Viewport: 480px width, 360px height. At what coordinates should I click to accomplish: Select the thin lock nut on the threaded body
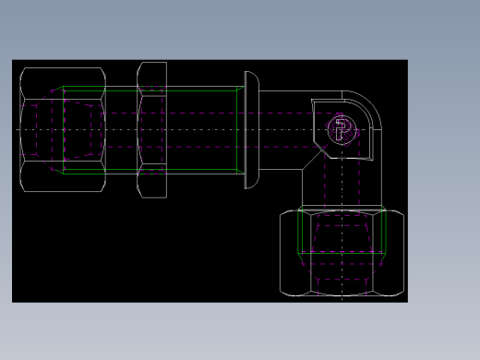click(x=151, y=130)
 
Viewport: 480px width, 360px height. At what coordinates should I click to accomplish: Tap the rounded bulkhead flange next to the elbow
click(x=252, y=129)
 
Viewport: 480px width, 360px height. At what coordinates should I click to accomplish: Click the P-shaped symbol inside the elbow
click(x=342, y=129)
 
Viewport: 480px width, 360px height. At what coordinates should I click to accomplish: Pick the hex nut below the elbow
click(x=342, y=253)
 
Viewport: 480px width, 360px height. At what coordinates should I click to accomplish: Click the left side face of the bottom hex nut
click(x=289, y=253)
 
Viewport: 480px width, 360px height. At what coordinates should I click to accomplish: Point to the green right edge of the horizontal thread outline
click(x=238, y=130)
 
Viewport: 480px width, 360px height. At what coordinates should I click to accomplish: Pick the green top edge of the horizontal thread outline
click(x=148, y=89)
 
